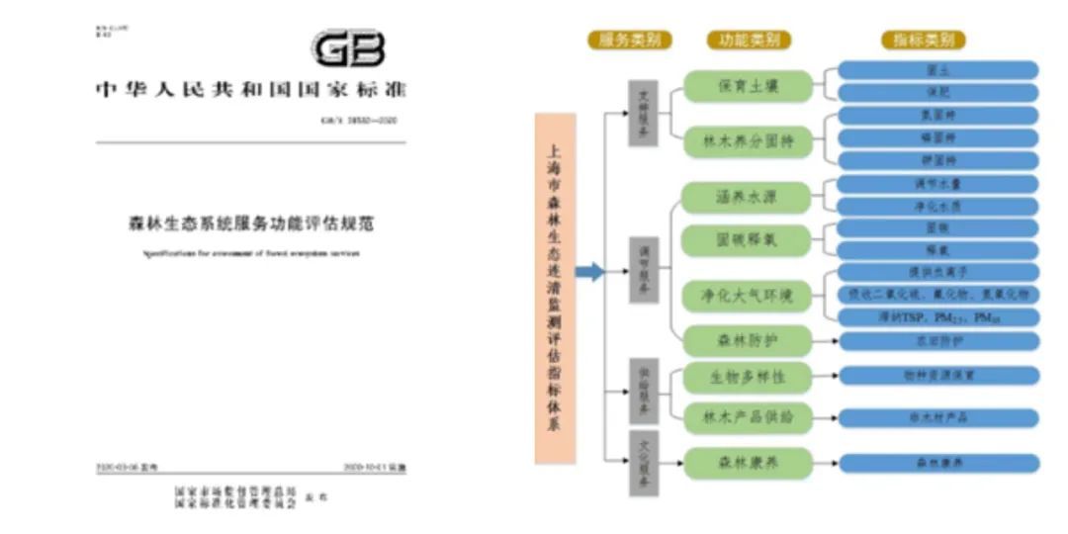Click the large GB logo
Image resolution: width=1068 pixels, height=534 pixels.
coord(349,48)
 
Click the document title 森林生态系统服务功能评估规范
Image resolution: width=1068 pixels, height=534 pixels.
coord(251,222)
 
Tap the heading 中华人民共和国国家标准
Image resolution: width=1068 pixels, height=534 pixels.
coord(251,90)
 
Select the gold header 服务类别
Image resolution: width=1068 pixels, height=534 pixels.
coord(629,41)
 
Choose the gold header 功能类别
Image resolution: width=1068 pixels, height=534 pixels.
coord(749,41)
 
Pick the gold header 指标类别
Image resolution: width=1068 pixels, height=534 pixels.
coord(924,41)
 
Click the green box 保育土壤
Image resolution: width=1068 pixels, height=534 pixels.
coord(749,86)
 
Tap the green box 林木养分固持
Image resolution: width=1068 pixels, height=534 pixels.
coord(749,142)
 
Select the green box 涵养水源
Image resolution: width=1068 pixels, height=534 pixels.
coord(749,197)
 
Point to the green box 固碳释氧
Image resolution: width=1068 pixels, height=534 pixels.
coord(749,240)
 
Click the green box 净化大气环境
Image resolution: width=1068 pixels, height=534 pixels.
coord(749,295)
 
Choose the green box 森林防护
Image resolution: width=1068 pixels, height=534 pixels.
coord(749,341)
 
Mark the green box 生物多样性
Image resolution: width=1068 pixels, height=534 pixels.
coord(749,377)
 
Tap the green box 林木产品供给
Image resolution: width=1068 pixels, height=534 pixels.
coord(749,416)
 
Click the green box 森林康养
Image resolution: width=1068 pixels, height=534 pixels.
coord(749,462)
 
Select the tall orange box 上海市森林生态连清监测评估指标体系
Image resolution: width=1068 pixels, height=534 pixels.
coord(555,288)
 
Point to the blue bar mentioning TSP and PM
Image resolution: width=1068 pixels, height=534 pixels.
coord(938,317)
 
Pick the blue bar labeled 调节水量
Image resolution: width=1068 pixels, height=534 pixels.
coord(938,184)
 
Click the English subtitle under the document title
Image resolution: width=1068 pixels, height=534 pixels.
coord(251,253)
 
